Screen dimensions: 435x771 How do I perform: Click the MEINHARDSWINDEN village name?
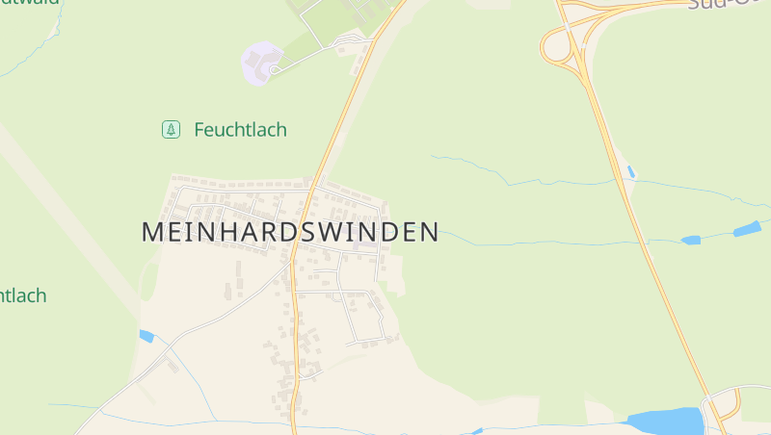[290, 232]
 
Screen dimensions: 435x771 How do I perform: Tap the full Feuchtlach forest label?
[240, 129]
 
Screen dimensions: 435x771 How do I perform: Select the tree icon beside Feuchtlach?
[171, 129]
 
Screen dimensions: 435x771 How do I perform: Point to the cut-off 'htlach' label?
[22, 295]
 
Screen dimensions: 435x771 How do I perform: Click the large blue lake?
[665, 422]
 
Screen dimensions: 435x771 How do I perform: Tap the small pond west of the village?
[146, 336]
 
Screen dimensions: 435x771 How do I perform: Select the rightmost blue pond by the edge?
[747, 229]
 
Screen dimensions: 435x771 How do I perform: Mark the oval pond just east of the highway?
[691, 240]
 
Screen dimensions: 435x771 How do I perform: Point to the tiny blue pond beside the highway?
[630, 171]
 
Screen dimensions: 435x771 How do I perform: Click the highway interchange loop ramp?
[557, 46]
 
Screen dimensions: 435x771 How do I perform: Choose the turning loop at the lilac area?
[275, 69]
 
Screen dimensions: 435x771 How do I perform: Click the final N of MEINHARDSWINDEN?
[429, 232]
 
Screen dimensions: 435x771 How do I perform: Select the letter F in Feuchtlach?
[200, 129]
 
